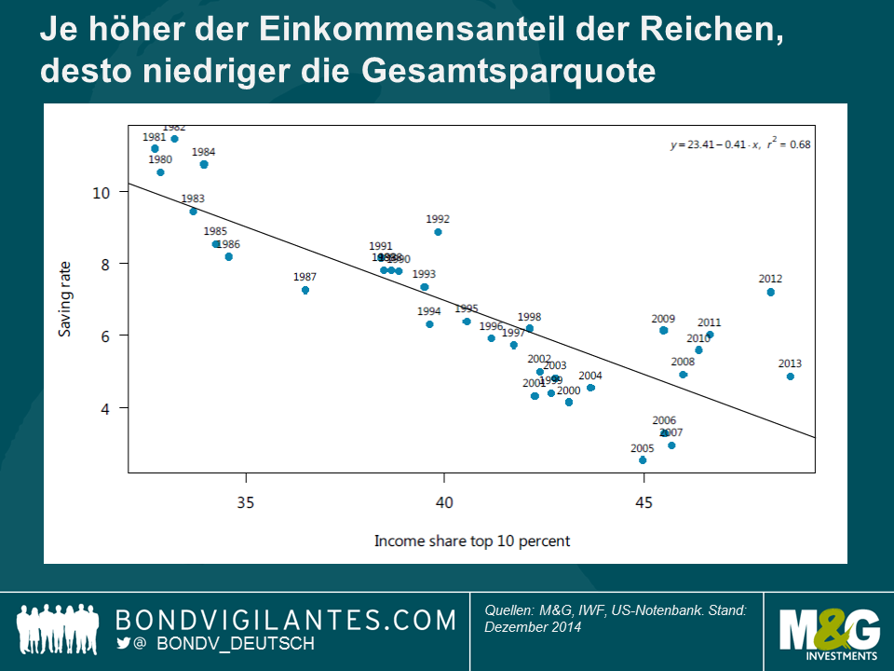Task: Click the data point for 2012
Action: coord(771,292)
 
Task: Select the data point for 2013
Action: coord(791,377)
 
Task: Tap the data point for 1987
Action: coord(305,290)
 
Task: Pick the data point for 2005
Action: coord(643,460)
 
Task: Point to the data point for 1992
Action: coord(438,232)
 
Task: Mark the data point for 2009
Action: coord(663,331)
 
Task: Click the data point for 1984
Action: coord(204,165)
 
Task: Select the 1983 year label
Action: coord(193,199)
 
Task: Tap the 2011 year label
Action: coord(709,322)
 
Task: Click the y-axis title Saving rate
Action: coord(64,300)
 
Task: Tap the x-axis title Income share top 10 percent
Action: coord(472,541)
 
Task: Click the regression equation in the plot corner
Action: coord(740,144)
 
